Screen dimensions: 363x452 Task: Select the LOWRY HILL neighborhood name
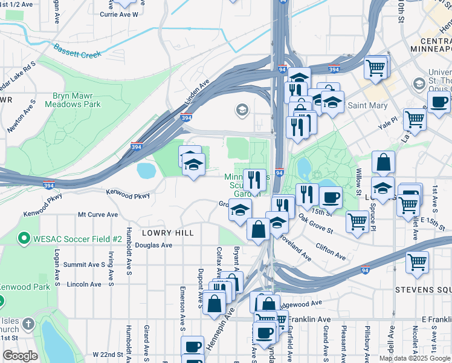[167, 232]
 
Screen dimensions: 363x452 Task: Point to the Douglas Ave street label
[153, 245]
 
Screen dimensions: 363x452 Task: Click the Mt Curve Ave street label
[98, 214]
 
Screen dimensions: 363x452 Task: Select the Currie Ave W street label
[119, 13]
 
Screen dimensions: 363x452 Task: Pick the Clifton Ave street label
[331, 252]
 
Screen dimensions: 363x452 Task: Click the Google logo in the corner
[20, 356]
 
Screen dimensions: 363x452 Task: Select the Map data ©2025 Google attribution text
[415, 358]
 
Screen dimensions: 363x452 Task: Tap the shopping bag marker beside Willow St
[383, 163]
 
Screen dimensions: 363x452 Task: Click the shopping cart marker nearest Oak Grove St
[357, 221]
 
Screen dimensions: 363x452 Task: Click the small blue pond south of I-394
[146, 171]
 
